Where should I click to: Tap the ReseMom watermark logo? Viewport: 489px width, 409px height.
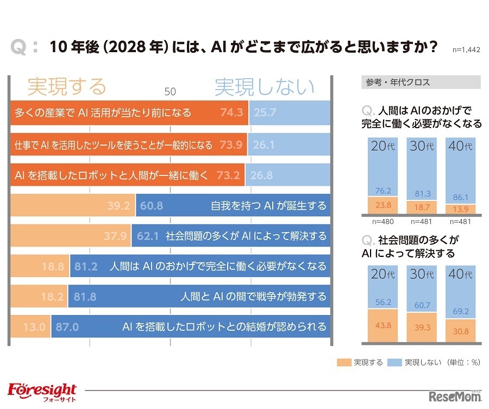click(455, 395)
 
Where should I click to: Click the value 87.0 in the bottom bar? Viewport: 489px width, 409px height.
click(67, 326)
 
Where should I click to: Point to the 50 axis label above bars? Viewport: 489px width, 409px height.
click(170, 92)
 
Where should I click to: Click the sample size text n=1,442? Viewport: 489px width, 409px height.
click(466, 49)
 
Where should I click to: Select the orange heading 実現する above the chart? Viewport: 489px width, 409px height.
click(66, 86)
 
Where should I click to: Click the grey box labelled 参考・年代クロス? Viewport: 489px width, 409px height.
click(421, 82)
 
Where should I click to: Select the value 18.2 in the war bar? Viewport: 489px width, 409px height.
click(54, 297)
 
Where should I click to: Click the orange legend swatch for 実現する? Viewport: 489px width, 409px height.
click(343, 362)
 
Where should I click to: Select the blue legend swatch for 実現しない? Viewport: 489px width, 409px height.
click(394, 362)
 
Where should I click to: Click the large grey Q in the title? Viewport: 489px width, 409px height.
click(19, 47)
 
